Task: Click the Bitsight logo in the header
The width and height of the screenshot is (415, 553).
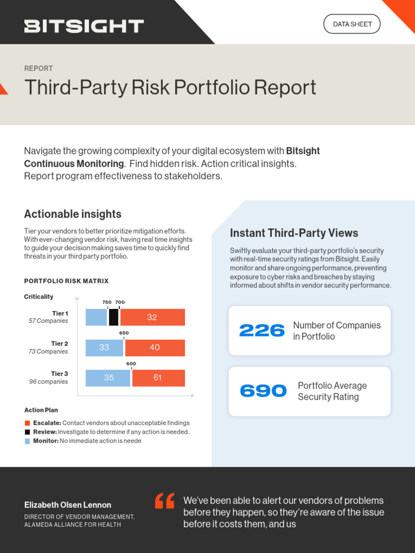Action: click(84, 26)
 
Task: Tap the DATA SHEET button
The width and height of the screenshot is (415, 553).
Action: click(352, 24)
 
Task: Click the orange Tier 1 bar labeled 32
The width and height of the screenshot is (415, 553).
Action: click(152, 318)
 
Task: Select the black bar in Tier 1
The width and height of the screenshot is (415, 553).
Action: click(113, 318)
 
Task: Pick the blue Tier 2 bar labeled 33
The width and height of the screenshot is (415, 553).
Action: click(104, 348)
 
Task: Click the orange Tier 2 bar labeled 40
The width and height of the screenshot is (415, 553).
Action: click(155, 348)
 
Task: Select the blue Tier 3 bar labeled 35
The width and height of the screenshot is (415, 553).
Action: click(108, 378)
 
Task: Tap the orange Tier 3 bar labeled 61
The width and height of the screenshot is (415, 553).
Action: click(158, 378)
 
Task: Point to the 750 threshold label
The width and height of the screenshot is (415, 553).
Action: click(107, 302)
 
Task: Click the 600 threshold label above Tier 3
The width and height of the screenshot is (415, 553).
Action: click(131, 364)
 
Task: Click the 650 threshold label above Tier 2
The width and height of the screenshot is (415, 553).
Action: click(124, 333)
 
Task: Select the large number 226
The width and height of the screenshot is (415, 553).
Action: click(262, 331)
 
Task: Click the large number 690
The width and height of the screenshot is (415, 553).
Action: click(263, 391)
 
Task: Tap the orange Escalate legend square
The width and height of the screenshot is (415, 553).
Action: click(28, 423)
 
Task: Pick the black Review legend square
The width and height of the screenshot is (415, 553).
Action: click(28, 432)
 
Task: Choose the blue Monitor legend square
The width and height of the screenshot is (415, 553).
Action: click(28, 441)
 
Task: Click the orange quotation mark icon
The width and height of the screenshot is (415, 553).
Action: click(165, 501)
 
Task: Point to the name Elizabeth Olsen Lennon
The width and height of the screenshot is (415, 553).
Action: click(68, 505)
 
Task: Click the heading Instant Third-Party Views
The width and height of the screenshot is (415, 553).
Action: click(294, 233)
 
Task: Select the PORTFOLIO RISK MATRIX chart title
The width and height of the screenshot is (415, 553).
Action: click(66, 281)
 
